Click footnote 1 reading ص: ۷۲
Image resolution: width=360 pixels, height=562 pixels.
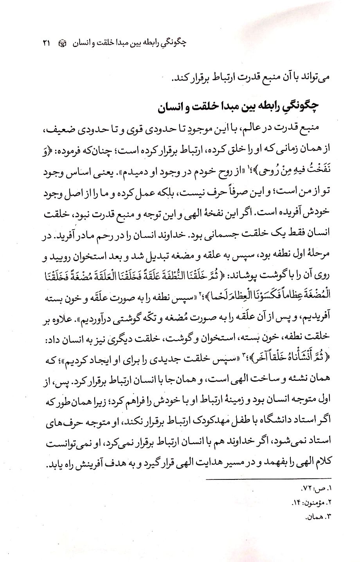pyautogui.click(x=315, y=489)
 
